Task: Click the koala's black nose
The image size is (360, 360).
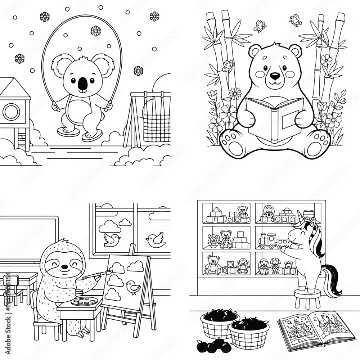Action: [x=82, y=84]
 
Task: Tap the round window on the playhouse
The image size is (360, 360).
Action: [x=11, y=112]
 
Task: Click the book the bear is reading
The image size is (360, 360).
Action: [x=274, y=119]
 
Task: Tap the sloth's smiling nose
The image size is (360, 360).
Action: [x=64, y=267]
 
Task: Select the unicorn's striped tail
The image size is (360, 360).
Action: [x=333, y=281]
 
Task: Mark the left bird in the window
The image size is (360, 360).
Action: [x=111, y=240]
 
